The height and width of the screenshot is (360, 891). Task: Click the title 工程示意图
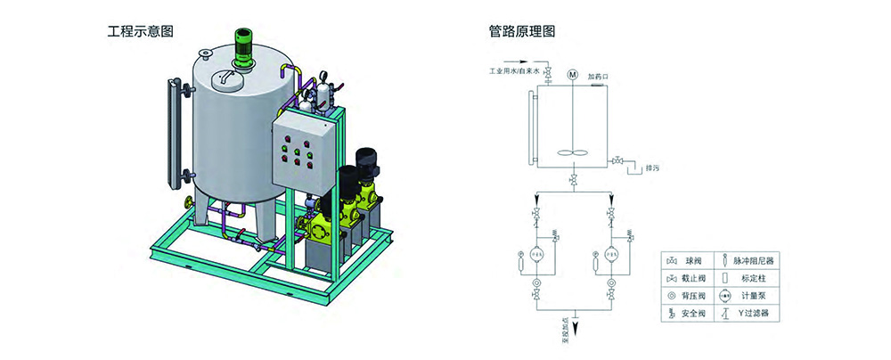tap(140, 31)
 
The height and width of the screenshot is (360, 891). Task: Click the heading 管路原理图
tap(522, 31)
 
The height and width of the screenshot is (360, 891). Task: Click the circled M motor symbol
tap(573, 73)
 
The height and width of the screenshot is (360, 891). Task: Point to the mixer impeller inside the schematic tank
tap(573, 152)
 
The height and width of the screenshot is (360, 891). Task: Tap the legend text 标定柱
tap(751, 278)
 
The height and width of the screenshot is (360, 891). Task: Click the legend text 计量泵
tap(751, 296)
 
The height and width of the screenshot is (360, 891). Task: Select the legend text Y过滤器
tap(753, 314)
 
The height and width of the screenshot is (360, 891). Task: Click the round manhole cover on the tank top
tap(229, 79)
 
